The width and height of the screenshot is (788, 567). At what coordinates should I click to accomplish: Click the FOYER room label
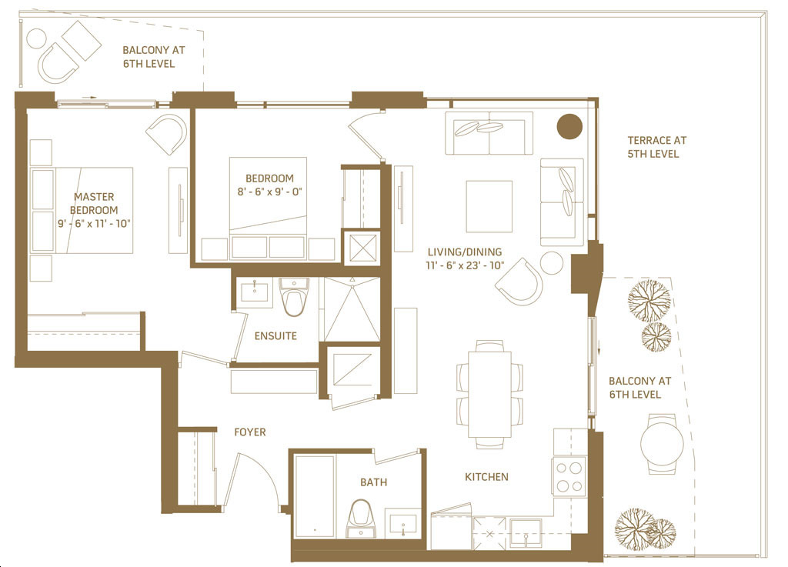coord(250,432)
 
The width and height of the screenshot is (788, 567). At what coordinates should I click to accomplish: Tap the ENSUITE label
coord(275,336)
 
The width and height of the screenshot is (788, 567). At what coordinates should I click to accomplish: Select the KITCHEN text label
coord(486,476)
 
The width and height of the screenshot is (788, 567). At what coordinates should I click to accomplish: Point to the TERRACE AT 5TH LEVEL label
coord(656,147)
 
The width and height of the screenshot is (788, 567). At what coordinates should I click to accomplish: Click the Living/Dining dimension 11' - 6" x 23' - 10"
coord(465,265)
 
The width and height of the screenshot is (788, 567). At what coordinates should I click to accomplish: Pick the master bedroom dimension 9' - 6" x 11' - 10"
coord(94,223)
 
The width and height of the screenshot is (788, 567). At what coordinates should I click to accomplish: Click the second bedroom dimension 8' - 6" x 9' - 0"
coord(270,192)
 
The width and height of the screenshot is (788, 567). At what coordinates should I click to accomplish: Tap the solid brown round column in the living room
coord(569,126)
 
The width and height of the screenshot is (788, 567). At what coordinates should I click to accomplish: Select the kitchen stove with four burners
coord(569,476)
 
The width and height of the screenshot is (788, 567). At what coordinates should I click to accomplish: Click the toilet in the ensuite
coord(294,297)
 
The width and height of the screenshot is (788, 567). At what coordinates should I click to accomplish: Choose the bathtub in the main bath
coord(315,496)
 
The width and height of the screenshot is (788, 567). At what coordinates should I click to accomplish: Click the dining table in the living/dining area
coord(490,394)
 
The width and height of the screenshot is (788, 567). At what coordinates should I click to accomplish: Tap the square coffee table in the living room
coord(489,206)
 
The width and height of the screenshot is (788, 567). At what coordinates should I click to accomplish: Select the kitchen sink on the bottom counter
coord(526,533)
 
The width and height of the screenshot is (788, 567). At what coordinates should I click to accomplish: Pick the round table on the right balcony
coord(662,443)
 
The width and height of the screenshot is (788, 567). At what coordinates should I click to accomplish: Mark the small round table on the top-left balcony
coord(36,38)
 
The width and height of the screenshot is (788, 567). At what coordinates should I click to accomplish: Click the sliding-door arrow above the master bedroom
coord(89,98)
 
